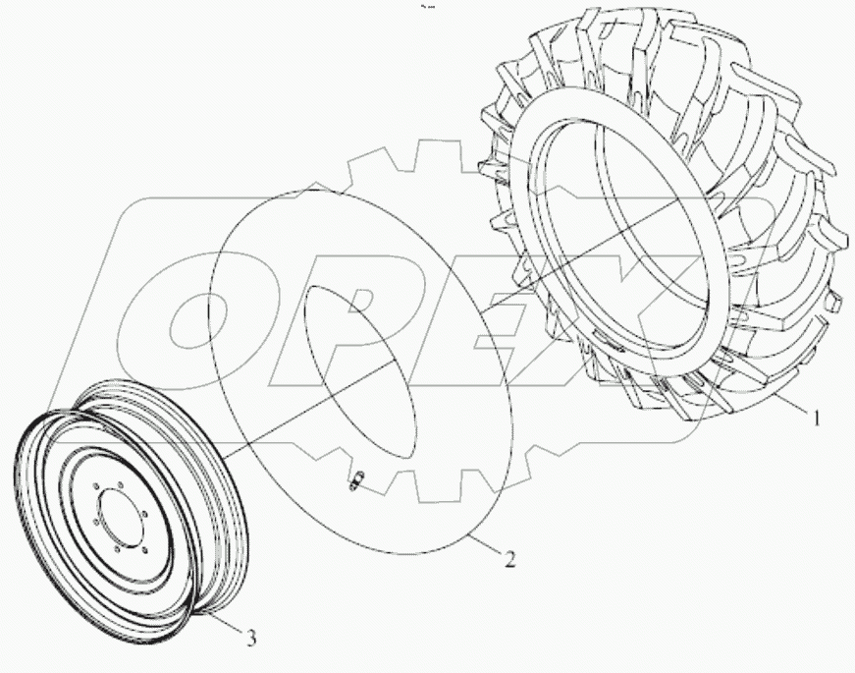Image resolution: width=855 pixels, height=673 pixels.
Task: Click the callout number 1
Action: pyautogui.click(x=814, y=417)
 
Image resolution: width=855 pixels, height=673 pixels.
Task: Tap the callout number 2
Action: pyautogui.click(x=508, y=560)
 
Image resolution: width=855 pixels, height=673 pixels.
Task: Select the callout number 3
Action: pyautogui.click(x=252, y=639)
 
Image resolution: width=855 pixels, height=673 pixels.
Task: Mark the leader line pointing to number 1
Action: pyautogui.click(x=785, y=404)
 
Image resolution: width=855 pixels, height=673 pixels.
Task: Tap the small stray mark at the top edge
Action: pyautogui.click(x=427, y=7)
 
